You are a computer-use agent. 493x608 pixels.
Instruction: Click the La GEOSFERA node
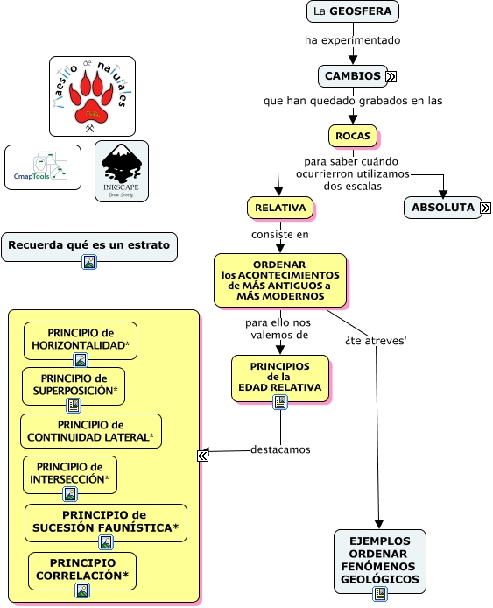click(352, 11)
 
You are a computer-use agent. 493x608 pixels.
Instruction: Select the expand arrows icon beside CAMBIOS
click(391, 76)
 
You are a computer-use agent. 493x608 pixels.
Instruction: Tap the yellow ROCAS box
click(353, 136)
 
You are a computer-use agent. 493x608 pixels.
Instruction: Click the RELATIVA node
click(280, 208)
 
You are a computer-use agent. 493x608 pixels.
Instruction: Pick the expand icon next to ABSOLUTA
click(486, 208)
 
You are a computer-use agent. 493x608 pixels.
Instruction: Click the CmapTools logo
click(43, 167)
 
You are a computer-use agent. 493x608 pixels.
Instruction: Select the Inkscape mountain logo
click(122, 171)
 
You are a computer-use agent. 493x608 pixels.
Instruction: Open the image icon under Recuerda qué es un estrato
click(89, 262)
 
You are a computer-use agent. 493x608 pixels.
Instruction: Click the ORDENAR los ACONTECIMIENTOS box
click(280, 280)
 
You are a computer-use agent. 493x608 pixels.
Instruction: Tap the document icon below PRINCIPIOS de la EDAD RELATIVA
click(280, 402)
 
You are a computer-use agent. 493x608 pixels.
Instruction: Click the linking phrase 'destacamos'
click(280, 449)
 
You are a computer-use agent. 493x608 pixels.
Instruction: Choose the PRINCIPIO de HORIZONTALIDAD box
click(81, 341)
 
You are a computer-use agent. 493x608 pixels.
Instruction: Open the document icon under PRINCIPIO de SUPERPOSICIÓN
click(74, 406)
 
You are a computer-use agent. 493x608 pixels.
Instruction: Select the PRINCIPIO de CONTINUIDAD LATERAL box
click(91, 431)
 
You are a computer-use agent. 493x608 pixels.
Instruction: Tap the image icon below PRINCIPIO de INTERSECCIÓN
click(70, 494)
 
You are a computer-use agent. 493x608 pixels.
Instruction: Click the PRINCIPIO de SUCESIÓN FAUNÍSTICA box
click(105, 523)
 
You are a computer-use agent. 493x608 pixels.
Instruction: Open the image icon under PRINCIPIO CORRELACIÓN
click(82, 590)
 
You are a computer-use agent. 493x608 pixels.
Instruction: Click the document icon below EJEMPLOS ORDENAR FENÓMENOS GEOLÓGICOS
click(380, 594)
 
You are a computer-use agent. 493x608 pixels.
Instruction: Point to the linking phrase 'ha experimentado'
click(352, 40)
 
